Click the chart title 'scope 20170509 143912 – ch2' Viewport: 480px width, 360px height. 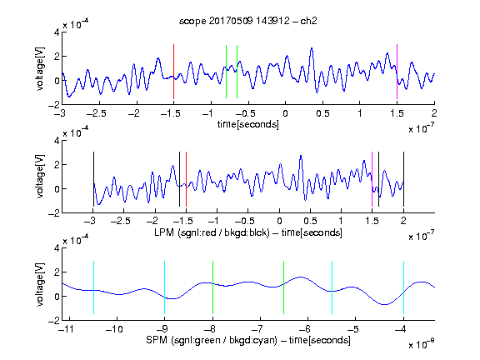click(x=247, y=21)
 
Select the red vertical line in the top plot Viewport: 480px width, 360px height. click(x=173, y=72)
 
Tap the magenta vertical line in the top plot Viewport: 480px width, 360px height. click(x=397, y=72)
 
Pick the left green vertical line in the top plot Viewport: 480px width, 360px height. click(x=226, y=72)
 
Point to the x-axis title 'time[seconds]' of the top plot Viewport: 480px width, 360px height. click(x=248, y=124)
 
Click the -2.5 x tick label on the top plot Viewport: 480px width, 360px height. click(x=97, y=113)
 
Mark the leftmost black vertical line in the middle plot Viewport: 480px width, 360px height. click(x=93, y=179)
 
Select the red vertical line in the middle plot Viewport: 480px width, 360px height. click(x=186, y=179)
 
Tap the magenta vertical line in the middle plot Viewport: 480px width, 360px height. click(x=372, y=179)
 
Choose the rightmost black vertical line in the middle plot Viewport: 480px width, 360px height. click(x=403, y=179)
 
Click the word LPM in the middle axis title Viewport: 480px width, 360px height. click(x=164, y=232)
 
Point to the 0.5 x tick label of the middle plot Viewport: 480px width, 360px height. click(x=310, y=221)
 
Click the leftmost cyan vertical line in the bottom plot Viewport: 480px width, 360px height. click(x=93, y=287)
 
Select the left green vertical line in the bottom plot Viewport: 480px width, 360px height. click(x=212, y=287)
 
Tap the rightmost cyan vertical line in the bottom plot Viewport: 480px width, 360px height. click(x=403, y=287)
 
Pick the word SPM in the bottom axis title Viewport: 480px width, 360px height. click(x=157, y=340)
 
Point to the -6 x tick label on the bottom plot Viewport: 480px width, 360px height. click(x=304, y=329)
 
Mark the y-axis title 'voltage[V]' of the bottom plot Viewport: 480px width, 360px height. click(x=40, y=284)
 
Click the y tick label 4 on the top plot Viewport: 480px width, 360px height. click(x=57, y=32)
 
